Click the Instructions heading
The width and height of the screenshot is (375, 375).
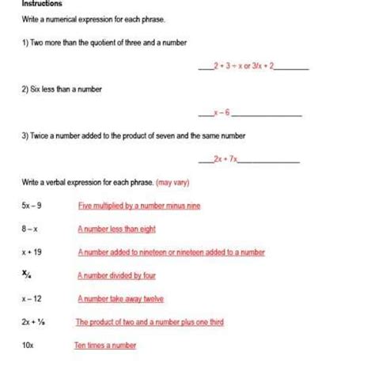[41, 3]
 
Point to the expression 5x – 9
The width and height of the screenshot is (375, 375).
[32, 206]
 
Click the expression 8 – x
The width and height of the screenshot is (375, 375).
[30, 229]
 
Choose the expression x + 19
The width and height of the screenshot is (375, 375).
[32, 252]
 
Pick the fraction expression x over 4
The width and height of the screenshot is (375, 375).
[28, 275]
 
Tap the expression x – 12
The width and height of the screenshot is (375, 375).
[32, 299]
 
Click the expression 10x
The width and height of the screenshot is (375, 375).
[28, 345]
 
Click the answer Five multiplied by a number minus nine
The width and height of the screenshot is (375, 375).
[139, 206]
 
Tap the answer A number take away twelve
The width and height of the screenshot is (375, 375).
[120, 299]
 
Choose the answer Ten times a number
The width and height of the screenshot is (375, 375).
[105, 345]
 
